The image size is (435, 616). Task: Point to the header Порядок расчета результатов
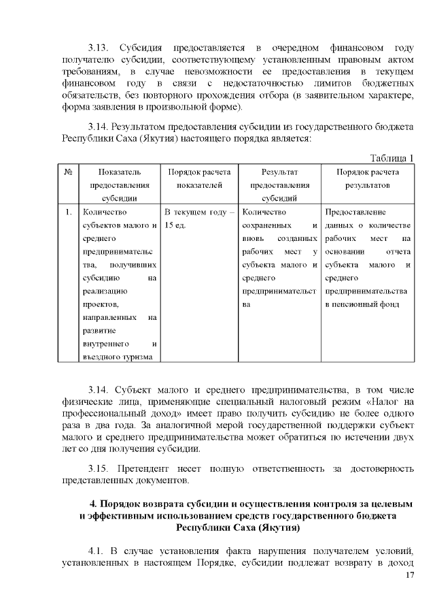367,178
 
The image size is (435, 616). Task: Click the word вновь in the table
254,238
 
